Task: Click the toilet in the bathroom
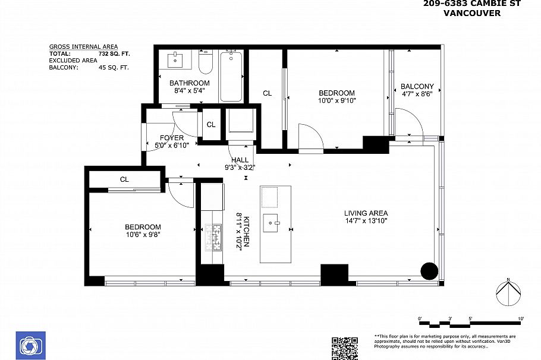click(x=206, y=62)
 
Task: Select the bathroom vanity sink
click(x=176, y=60)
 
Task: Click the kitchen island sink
click(x=275, y=223)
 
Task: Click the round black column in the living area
click(x=429, y=270)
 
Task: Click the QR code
click(x=345, y=348)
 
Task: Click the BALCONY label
click(x=417, y=86)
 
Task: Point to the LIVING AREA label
click(x=366, y=213)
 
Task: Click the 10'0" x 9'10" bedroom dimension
click(x=336, y=101)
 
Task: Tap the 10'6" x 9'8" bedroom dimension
click(x=143, y=235)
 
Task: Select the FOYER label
click(x=172, y=138)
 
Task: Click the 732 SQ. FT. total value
click(x=114, y=53)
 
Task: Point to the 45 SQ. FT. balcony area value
click(x=113, y=68)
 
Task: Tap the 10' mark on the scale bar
click(x=521, y=319)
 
